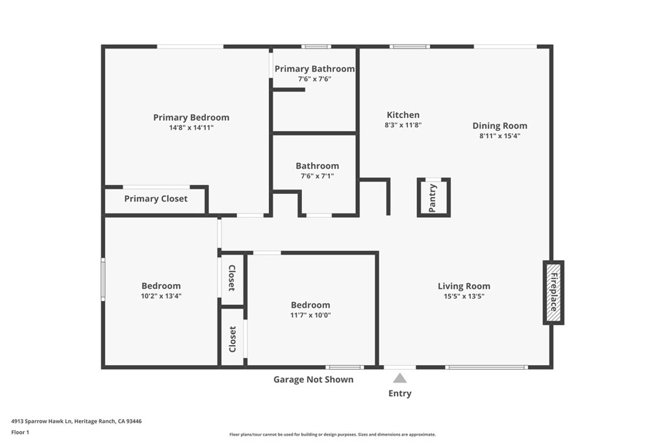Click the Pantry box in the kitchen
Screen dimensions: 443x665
(x=433, y=197)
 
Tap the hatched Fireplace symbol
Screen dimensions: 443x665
(x=553, y=293)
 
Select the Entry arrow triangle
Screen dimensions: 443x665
(x=400, y=378)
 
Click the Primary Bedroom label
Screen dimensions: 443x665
(x=191, y=117)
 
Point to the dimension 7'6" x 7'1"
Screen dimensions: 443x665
(x=317, y=176)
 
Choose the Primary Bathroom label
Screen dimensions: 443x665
(x=314, y=69)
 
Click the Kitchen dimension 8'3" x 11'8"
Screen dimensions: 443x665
(x=403, y=125)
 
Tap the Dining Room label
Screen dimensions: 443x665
(x=499, y=126)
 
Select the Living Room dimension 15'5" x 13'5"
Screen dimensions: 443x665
(x=464, y=296)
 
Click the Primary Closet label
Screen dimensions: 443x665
(x=156, y=198)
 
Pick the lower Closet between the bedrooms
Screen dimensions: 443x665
(x=232, y=339)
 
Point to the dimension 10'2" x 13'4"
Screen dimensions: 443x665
(x=161, y=296)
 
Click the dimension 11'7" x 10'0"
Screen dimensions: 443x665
(x=310, y=315)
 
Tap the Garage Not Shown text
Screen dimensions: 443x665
(x=313, y=379)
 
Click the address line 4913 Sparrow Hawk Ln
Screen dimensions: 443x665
(x=76, y=421)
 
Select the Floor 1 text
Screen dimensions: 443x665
(x=20, y=432)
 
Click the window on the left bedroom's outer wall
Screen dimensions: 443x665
(x=103, y=279)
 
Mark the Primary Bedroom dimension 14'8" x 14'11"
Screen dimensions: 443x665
(x=191, y=128)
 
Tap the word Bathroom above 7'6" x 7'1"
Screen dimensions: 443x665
(x=317, y=166)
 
